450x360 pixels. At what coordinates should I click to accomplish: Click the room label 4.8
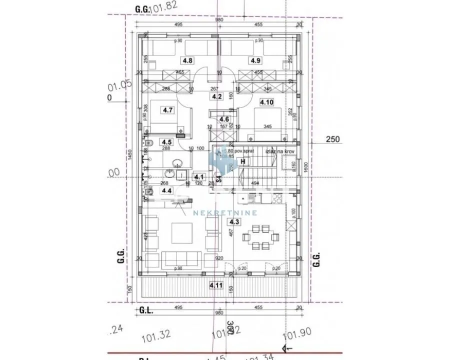coord(187,60)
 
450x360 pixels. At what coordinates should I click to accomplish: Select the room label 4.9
coord(255,60)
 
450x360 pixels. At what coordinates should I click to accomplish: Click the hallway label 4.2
coord(216,96)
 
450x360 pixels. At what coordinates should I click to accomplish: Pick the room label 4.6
coord(224,119)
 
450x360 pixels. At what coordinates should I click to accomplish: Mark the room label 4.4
coord(166,190)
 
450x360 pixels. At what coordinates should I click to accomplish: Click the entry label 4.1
coord(199,176)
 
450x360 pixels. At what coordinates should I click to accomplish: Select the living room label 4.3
coord(233,221)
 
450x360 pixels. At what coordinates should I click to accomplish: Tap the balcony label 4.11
coord(216,285)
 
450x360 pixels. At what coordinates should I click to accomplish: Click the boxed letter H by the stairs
coord(243,161)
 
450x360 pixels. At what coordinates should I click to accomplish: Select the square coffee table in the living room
coord(181,232)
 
